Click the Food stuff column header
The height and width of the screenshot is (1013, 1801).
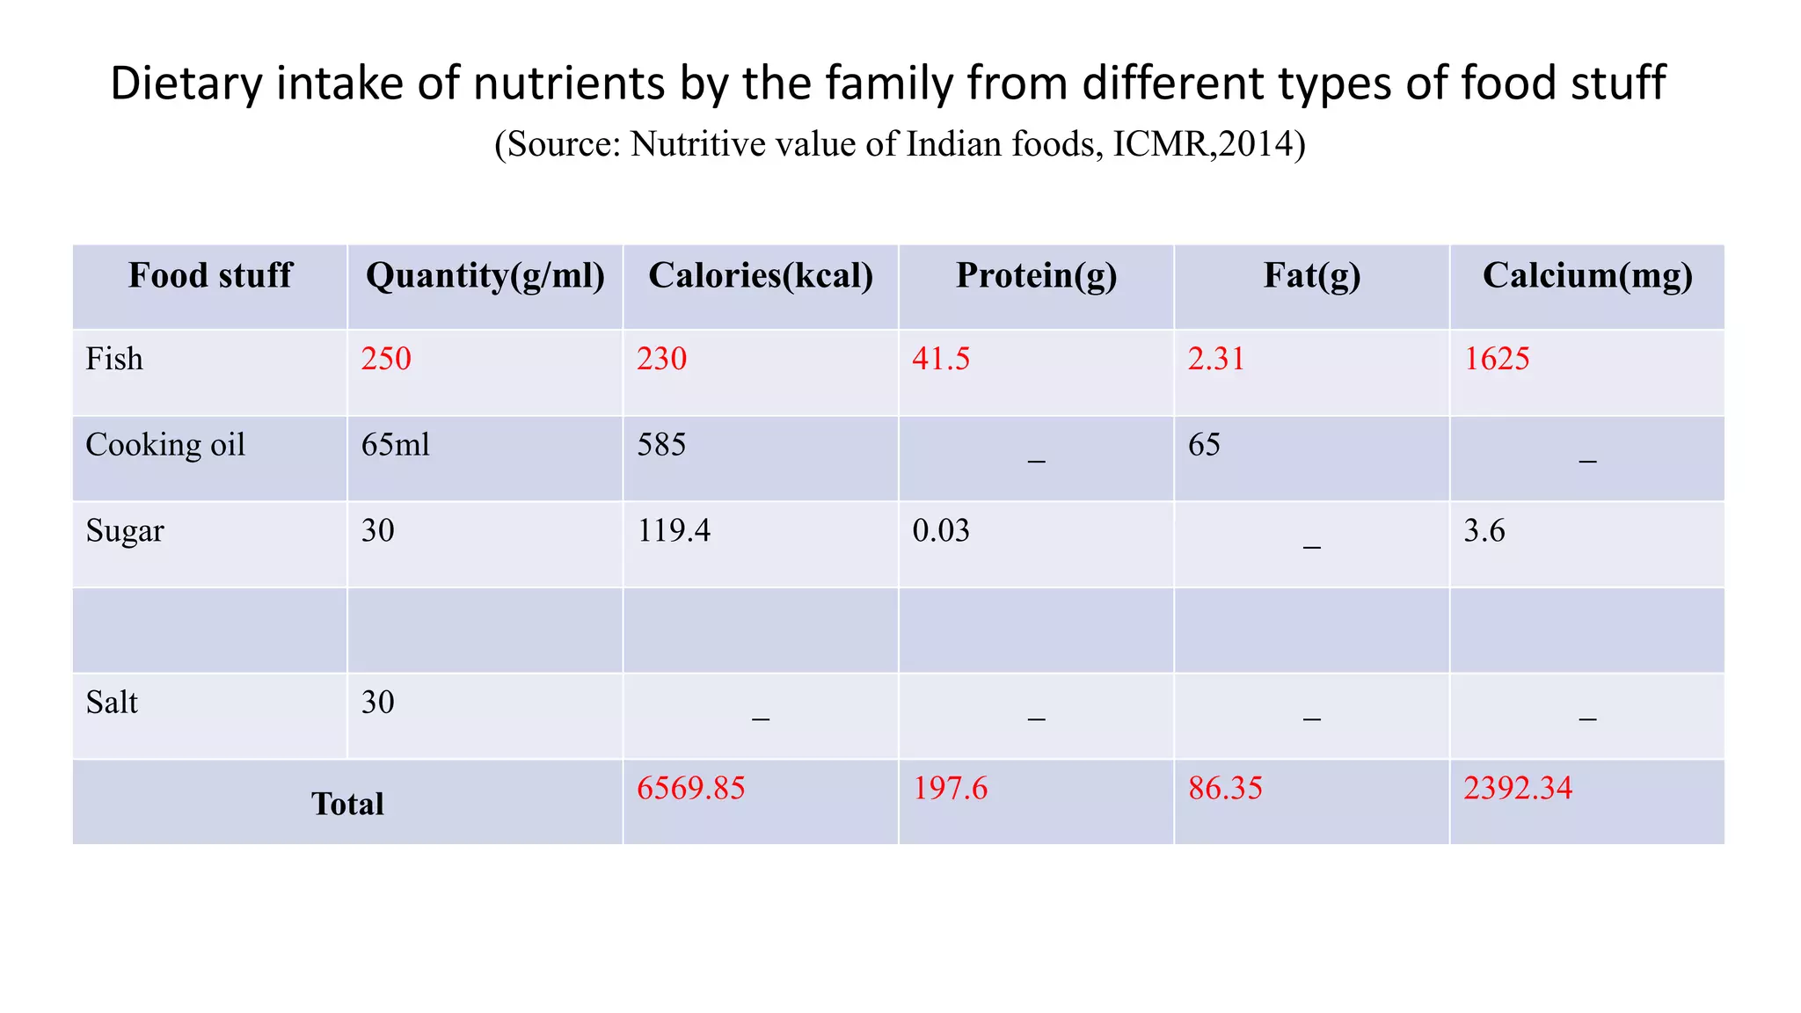pos(209,275)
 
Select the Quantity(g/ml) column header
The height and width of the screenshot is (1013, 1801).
pos(485,275)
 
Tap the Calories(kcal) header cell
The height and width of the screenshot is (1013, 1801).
pos(761,275)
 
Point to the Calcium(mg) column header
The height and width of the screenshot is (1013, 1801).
pos(1587,275)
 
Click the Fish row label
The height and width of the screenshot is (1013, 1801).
pos(114,359)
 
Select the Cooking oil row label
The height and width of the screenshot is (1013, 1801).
pos(165,445)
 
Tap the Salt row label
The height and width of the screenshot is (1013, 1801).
pos(112,703)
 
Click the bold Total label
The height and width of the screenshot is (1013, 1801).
pos(347,804)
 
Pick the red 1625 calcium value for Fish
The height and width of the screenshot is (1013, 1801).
pos(1497,359)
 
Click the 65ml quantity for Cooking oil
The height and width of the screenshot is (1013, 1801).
pos(396,445)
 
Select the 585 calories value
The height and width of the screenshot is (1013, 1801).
pos(661,445)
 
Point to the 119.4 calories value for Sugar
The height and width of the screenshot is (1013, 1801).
pos(674,530)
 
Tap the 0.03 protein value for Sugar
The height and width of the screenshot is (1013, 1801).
pos(941,530)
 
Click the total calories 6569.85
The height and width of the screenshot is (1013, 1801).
pos(690,788)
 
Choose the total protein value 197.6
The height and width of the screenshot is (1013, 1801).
pos(950,788)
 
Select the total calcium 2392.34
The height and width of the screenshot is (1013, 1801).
pos(1518,788)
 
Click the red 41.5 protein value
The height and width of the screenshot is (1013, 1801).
pos(941,359)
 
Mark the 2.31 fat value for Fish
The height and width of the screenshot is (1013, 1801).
pos(1216,359)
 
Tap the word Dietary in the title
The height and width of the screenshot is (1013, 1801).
pos(186,84)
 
